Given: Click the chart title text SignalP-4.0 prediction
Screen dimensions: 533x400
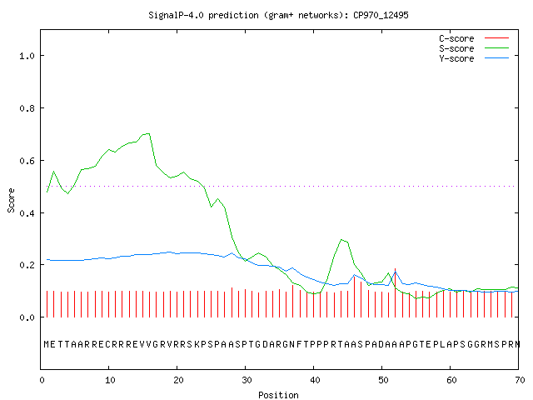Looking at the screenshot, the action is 203,15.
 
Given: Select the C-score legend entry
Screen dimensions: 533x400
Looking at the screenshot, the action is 474,38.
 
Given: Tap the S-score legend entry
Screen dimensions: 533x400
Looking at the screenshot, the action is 474,48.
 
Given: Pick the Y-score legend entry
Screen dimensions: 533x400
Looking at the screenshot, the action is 474,58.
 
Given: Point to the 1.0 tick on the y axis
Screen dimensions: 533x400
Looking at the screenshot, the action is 27,56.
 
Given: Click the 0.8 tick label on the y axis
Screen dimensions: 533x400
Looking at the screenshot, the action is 27,108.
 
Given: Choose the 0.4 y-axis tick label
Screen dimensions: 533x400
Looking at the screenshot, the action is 27,213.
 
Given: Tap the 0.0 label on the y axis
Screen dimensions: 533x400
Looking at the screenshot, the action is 27,317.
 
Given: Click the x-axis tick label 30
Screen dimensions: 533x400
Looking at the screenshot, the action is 247,380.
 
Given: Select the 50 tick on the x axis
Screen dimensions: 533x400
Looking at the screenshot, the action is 383,380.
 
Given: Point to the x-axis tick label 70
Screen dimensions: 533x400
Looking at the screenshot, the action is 520,380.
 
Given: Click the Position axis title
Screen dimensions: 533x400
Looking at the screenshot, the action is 278,395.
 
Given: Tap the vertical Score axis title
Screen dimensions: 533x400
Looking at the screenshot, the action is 11,200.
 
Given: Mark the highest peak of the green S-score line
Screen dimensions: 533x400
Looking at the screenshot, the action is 148,133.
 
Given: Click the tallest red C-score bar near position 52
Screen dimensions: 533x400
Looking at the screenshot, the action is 395,292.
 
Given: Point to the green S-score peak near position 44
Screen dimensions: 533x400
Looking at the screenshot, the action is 341,240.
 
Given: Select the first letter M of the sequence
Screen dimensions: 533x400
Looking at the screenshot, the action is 47,344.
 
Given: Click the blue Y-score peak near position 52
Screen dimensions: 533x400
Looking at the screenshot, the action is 395,272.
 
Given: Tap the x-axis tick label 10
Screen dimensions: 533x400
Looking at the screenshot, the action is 110,380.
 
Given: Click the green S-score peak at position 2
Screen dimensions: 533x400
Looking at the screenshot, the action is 53,172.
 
